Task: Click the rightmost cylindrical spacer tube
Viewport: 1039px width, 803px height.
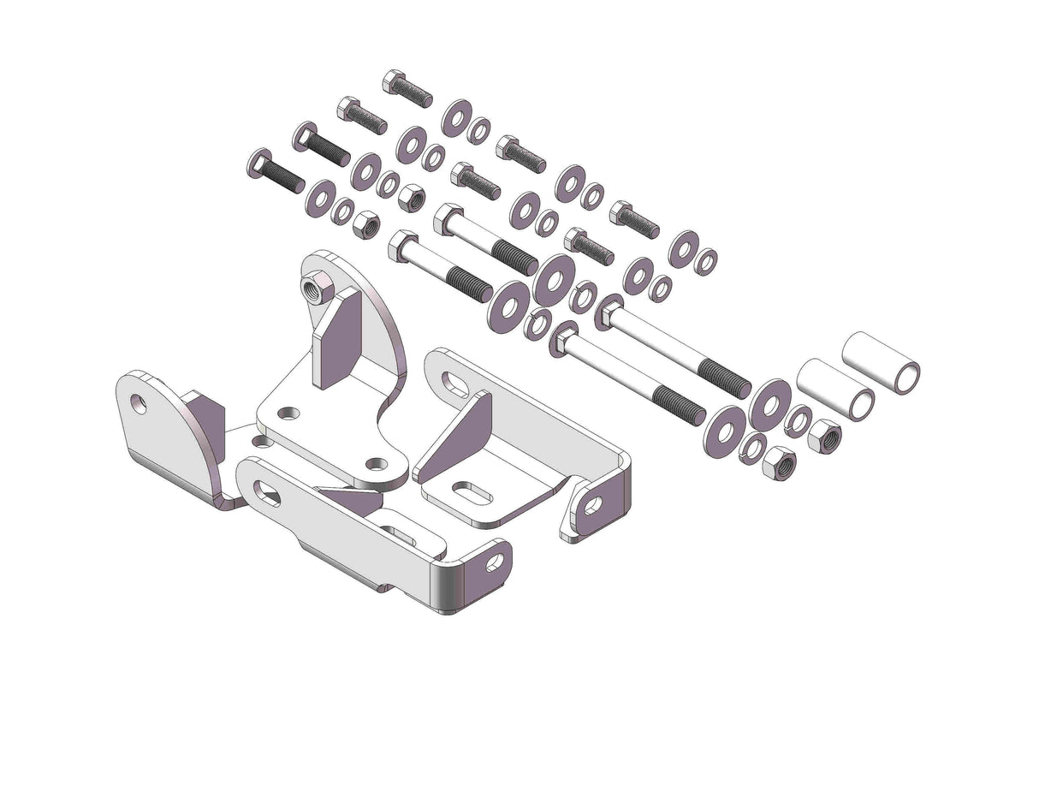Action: [881, 363]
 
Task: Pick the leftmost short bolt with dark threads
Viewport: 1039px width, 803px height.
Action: [275, 170]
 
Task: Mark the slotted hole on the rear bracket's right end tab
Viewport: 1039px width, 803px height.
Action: [592, 505]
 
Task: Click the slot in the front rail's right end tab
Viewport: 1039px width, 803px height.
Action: [495, 562]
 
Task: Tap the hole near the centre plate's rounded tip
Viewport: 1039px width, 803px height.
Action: [376, 464]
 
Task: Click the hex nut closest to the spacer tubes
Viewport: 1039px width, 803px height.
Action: [823, 437]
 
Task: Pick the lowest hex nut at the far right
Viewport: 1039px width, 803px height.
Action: [779, 463]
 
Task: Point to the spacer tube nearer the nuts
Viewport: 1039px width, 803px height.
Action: [834, 390]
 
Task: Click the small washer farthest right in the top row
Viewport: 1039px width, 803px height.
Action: [706, 261]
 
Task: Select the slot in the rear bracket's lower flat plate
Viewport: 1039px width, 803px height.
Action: [471, 494]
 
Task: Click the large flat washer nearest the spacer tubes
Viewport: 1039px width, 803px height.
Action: [769, 404]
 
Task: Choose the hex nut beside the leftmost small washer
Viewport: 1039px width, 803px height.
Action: [366, 224]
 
